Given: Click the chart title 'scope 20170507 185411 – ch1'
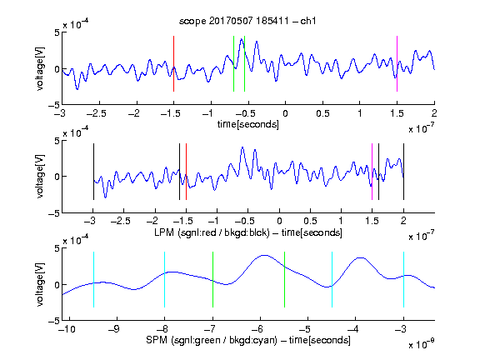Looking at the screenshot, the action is pyautogui.click(x=247, y=21).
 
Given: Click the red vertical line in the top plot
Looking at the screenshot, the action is pyautogui.click(x=173, y=63).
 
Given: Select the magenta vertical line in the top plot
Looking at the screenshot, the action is pyautogui.click(x=397, y=63).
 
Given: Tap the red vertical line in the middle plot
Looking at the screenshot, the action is pyautogui.click(x=186, y=172).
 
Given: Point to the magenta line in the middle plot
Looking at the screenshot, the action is pyautogui.click(x=372, y=172).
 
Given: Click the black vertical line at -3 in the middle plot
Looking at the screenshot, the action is pyautogui.click(x=93, y=172).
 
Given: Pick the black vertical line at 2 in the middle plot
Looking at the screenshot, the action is pyautogui.click(x=403, y=172).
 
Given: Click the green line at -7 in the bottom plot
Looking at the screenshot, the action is pyautogui.click(x=212, y=279).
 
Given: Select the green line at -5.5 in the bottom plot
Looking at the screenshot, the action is pyautogui.click(x=285, y=279).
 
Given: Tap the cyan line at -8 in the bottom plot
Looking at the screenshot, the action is pyautogui.click(x=165, y=279).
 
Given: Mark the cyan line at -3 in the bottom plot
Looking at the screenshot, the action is pyautogui.click(x=403, y=279).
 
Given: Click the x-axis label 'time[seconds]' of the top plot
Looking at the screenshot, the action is pyautogui.click(x=248, y=124).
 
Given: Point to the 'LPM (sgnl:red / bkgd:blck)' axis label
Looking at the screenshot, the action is pyautogui.click(x=212, y=232).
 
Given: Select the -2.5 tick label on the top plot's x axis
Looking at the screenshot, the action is pyautogui.click(x=97, y=113).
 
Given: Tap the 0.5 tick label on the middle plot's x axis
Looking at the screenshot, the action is pyautogui.click(x=310, y=221).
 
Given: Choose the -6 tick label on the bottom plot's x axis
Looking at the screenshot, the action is pyautogui.click(x=257, y=329).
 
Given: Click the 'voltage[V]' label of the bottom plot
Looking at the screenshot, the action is pyautogui.click(x=40, y=285).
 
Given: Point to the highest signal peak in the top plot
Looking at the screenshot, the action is pyautogui.click(x=242, y=39).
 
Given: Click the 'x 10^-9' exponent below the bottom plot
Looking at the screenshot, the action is pyautogui.click(x=422, y=344).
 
